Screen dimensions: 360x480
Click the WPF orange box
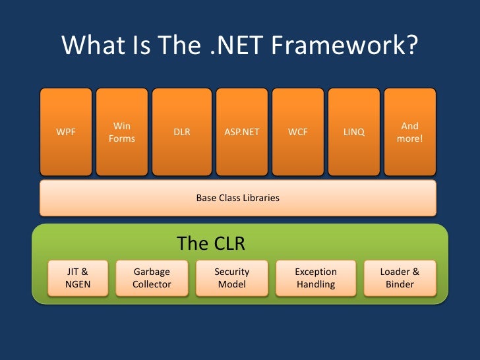(66, 132)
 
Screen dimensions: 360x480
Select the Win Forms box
(122, 132)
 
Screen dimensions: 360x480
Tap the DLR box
(181, 132)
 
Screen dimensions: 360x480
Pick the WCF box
(297, 132)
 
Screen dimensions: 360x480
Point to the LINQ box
(354, 132)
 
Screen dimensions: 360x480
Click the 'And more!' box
(409, 132)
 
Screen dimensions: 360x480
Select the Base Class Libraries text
(238, 198)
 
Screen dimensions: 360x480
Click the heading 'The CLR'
(211, 244)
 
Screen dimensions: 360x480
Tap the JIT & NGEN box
(78, 278)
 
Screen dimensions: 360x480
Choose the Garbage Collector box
(152, 278)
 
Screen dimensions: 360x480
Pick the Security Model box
(232, 278)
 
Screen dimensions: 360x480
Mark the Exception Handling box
(316, 278)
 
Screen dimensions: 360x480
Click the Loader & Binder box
(400, 278)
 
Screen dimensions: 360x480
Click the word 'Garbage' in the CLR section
(152, 272)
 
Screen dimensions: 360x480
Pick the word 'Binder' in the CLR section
(400, 285)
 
